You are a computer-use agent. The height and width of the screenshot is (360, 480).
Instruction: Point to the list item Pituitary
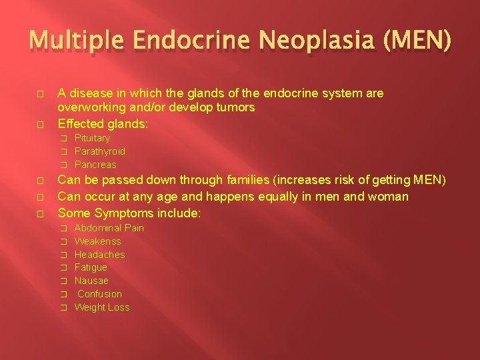point(92,138)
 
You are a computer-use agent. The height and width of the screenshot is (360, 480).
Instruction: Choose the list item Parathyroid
point(99,151)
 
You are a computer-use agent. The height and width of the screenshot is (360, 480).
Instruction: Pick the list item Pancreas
point(95,165)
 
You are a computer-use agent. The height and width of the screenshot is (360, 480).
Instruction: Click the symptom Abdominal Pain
point(109,228)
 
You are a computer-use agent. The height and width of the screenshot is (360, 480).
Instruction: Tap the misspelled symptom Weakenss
point(97,241)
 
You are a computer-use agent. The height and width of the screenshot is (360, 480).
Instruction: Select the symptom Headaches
point(99,255)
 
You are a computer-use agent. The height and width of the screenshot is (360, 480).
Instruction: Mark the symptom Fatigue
point(91,267)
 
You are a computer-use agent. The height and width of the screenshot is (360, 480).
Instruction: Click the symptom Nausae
point(91,281)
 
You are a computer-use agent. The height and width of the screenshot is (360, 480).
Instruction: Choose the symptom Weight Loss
point(102,307)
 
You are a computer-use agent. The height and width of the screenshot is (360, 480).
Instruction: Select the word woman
point(389,197)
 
